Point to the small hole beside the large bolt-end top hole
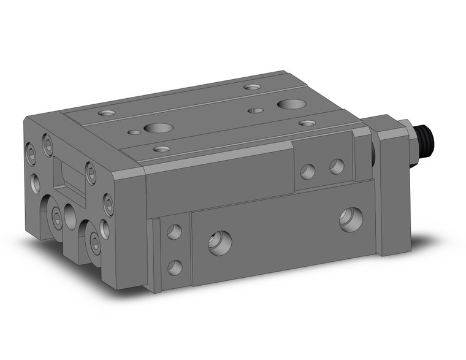[254, 110]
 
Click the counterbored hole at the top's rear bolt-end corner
[251, 86]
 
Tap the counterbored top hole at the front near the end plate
[162, 148]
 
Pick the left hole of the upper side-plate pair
[307, 171]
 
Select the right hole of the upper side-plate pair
[336, 166]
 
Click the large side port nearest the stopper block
[351, 220]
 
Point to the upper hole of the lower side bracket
[174, 232]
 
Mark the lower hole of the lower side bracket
[175, 267]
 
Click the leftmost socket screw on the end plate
[32, 154]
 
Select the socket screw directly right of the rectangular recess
[91, 174]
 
